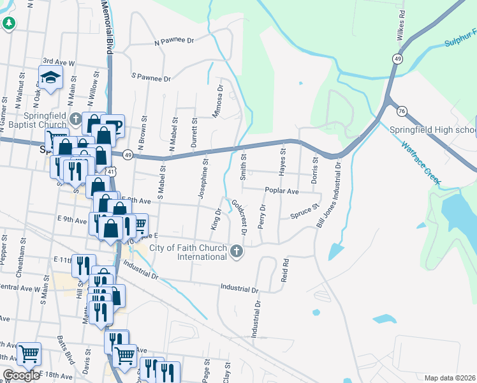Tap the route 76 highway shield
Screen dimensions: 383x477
click(401, 111)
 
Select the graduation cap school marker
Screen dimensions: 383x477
click(51, 78)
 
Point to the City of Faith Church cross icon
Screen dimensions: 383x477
click(237, 252)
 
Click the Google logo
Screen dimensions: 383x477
click(20, 375)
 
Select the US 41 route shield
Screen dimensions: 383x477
click(112, 172)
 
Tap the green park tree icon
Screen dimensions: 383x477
click(8, 24)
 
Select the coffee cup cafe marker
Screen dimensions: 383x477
click(112, 125)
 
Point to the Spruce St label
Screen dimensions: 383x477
click(304, 212)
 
